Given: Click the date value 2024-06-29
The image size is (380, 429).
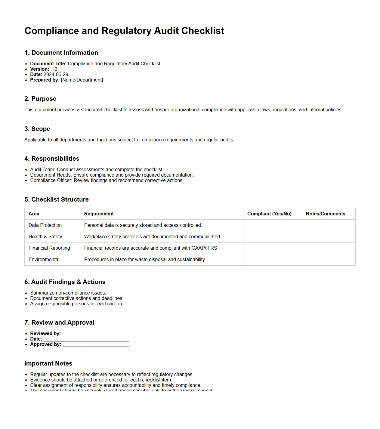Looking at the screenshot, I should coord(56,75).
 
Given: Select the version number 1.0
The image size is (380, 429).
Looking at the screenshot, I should coord(54,69).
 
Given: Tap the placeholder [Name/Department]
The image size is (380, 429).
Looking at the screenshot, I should coord(82,80).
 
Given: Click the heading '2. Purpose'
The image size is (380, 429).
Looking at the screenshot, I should coord(40,99).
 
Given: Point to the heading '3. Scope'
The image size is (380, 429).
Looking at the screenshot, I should coord(37,129).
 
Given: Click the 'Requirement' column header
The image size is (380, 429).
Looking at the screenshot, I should coord(99,214).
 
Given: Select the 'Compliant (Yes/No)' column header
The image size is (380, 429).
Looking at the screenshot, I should coord(269,214).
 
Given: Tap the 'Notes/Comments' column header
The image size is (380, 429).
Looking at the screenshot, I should coord(326,214).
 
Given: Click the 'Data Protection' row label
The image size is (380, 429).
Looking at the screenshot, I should coord(45,225).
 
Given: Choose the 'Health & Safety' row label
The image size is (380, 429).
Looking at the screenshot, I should coord(45,237).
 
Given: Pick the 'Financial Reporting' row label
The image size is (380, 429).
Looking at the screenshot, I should coord(49,248).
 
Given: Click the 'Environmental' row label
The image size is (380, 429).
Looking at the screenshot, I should coord(44,260).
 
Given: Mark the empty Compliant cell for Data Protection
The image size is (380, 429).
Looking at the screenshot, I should coord(272,225).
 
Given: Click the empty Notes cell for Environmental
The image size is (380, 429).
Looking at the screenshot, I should coord(329,260).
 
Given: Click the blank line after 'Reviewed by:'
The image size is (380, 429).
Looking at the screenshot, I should coord(96,334).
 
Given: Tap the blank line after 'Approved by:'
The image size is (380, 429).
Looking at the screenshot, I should coord(96,345).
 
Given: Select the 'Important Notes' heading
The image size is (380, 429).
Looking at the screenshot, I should coord(48,363).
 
